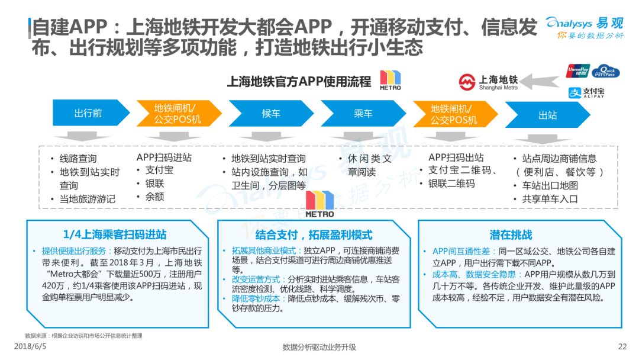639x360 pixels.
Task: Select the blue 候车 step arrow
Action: click(x=271, y=113)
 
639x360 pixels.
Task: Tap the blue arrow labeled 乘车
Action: click(x=363, y=113)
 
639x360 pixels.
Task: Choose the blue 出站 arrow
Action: click(x=547, y=115)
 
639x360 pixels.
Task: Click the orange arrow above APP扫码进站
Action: click(x=179, y=113)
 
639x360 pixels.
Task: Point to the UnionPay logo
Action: click(x=578, y=71)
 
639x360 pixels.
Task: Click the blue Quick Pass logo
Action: click(x=606, y=71)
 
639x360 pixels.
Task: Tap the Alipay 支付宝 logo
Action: click(x=586, y=93)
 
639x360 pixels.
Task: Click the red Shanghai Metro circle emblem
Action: click(x=467, y=82)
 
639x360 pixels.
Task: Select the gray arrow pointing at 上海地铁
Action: click(x=540, y=82)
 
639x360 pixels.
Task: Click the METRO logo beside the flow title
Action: click(x=390, y=80)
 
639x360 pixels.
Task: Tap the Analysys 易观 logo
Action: click(x=585, y=28)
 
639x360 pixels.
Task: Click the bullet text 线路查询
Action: click(x=78, y=159)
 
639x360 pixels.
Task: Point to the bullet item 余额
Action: click(x=155, y=197)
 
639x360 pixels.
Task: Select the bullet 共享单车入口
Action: click(x=550, y=199)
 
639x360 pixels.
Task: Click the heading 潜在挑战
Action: click(x=511, y=235)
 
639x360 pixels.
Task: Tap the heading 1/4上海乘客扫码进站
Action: click(x=115, y=234)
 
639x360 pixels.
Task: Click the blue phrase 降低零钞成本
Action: click(x=256, y=298)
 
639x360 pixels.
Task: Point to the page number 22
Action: click(x=622, y=346)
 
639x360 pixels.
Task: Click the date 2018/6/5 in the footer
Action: click(x=30, y=346)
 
